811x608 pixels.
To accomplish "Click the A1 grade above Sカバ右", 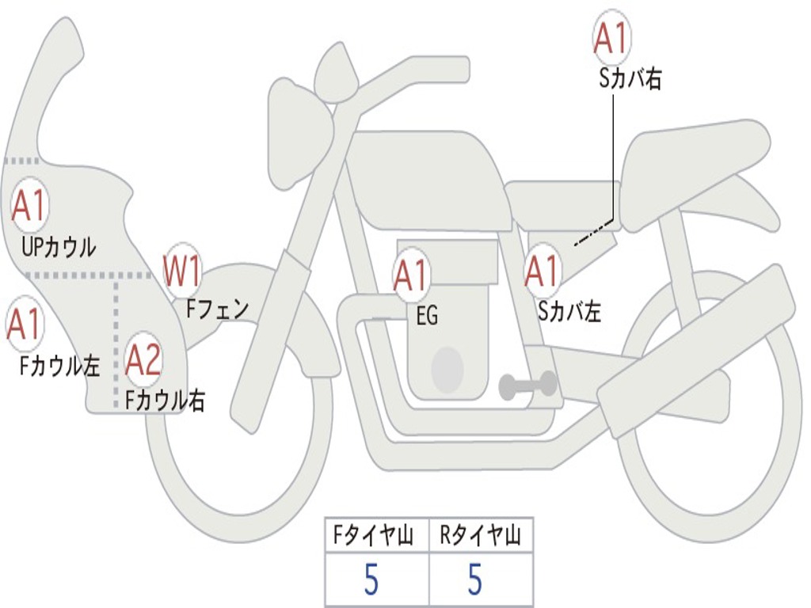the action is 611,39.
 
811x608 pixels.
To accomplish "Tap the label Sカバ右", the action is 630,78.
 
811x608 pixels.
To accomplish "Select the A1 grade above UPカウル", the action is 29,206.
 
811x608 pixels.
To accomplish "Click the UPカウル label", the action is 59,246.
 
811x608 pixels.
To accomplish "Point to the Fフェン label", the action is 217,308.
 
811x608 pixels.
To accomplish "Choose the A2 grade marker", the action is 144,360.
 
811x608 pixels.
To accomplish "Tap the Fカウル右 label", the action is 166,400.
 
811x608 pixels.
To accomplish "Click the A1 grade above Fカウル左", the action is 25,325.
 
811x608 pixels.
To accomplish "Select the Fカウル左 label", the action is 60,365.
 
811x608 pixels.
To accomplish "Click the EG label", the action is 427,317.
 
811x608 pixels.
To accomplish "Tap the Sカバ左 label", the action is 569,312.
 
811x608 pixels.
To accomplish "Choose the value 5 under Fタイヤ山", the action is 371,580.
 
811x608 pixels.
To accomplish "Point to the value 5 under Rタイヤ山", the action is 474,580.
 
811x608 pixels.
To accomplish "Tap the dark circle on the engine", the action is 447,368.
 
